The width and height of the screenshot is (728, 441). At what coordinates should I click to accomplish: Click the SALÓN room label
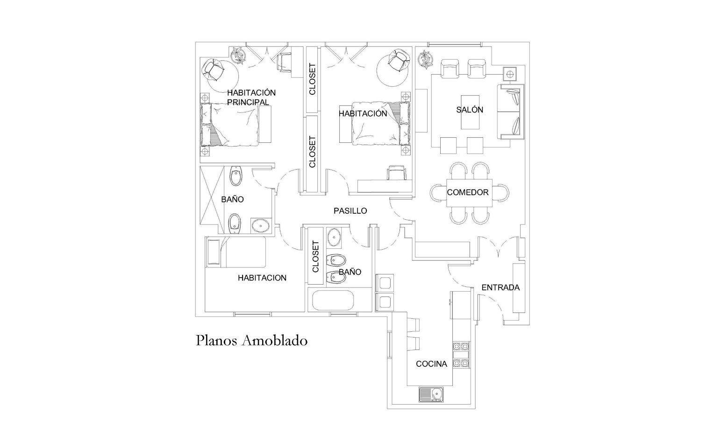point(469,110)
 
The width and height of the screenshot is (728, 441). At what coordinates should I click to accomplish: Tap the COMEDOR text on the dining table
point(468,192)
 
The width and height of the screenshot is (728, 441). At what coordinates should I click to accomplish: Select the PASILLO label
point(350,211)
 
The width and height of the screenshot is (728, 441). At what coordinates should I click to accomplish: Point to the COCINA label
point(431,364)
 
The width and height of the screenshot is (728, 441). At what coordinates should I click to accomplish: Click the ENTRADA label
point(500,287)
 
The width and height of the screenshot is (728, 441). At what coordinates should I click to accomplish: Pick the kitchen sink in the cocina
point(431,395)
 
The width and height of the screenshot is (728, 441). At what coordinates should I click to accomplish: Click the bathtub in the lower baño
point(333,301)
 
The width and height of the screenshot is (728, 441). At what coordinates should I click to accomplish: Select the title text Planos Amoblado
point(251,341)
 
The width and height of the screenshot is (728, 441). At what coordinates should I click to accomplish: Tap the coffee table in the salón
point(470,112)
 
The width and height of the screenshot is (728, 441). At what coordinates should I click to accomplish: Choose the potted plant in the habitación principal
point(239,55)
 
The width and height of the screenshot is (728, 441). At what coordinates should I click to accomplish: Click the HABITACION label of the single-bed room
point(262,278)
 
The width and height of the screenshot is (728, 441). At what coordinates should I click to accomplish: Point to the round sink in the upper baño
point(261,226)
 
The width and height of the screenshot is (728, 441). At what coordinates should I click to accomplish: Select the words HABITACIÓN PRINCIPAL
point(251,98)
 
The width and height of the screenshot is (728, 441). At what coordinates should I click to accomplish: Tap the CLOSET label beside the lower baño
point(315,256)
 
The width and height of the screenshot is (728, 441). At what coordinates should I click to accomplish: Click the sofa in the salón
point(510,112)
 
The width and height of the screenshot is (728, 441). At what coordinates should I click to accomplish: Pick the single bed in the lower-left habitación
point(236,252)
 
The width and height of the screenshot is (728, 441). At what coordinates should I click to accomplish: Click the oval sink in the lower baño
point(334,237)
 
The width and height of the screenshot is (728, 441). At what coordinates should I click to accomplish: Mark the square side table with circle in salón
point(510,75)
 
